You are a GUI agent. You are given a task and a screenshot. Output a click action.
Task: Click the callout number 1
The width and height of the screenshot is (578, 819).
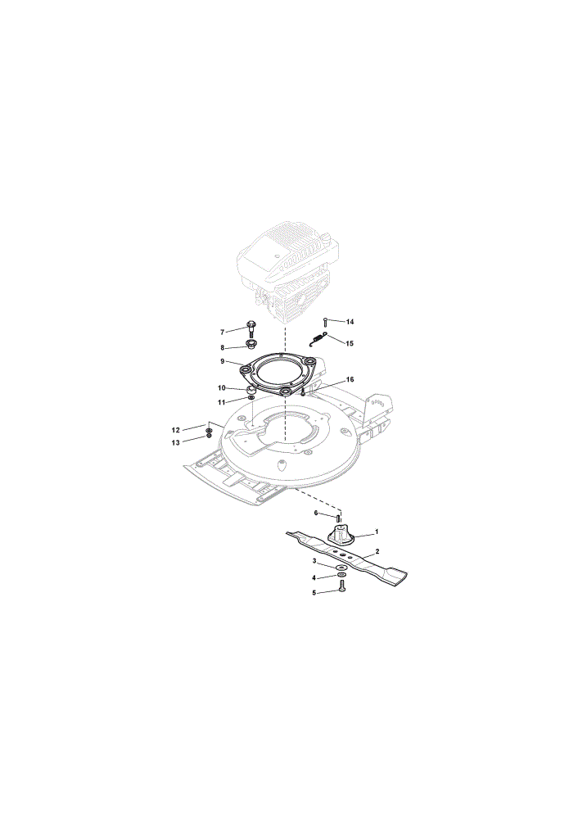point(377,532)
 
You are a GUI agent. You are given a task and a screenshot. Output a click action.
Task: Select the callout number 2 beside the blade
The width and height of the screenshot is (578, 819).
point(377,551)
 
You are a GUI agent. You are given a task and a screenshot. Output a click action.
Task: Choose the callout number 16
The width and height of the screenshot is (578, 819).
point(350,379)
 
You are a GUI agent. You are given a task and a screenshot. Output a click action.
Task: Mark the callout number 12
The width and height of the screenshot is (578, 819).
point(176,430)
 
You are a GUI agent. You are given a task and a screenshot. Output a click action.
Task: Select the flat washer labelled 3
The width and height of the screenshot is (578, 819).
point(342,568)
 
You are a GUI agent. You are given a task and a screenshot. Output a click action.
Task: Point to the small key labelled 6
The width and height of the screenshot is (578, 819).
point(338,518)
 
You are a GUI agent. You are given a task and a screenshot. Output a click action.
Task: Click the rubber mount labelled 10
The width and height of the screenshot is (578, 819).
point(251,389)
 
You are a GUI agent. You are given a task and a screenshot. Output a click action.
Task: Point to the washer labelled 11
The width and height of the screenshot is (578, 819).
point(251,400)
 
